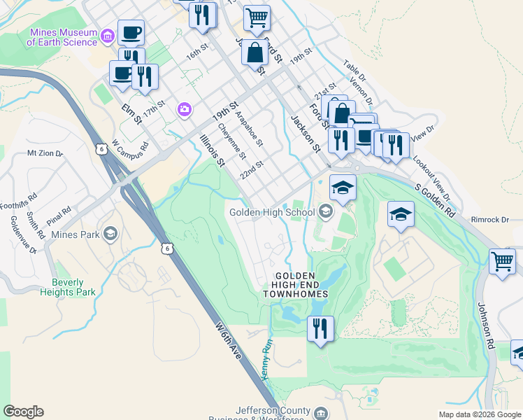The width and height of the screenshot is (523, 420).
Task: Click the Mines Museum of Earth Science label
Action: point(62,37)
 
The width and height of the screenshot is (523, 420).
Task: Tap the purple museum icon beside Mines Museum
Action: point(108,35)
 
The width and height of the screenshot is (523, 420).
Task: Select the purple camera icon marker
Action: point(185,108)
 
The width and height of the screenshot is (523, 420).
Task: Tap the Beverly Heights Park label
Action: point(73,288)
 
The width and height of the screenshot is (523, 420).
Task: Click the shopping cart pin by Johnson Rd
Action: point(502,262)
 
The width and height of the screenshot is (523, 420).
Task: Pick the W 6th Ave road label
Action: point(229,340)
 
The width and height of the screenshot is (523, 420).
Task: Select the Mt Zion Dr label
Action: point(45,153)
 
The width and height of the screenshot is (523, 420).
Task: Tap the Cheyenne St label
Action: point(232,140)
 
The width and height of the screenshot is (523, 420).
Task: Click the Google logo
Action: point(23,412)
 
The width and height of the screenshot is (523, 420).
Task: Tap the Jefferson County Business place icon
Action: point(321,412)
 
